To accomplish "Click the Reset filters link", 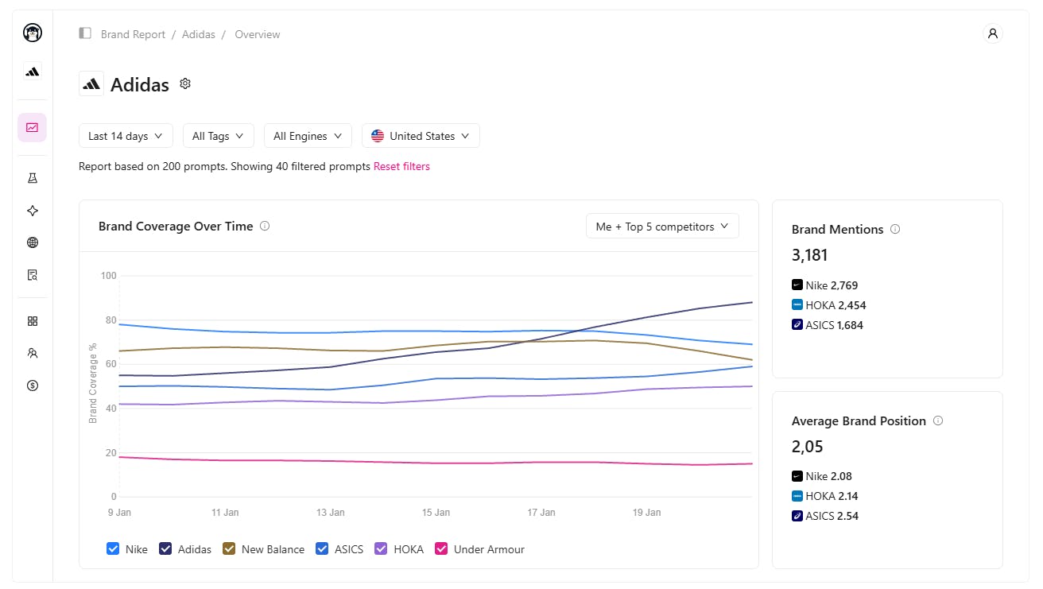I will tap(401, 167).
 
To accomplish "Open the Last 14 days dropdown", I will tap(126, 136).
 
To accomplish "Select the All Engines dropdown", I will tap(308, 136).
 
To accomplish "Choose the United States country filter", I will tap(421, 136).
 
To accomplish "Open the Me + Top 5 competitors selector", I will tap(662, 227).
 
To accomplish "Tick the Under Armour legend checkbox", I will tap(442, 549).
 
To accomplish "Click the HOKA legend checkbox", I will tap(382, 549).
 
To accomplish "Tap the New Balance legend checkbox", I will tap(230, 549).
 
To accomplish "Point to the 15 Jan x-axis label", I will tap(436, 513).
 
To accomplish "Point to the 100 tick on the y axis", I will tap(108, 276).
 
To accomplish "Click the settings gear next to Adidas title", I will tap(185, 83).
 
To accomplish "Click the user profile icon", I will tap(992, 33).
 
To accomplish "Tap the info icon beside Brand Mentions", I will tap(895, 229).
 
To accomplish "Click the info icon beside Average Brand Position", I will tap(938, 420).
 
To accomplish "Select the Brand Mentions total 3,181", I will tap(810, 255).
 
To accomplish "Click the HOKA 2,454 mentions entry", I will tap(824, 305).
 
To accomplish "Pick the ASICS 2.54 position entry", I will tap(825, 516).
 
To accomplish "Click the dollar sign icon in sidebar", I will tap(33, 386).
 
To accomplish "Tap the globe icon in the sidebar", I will tap(33, 243).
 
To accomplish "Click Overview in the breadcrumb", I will tap(258, 34).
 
